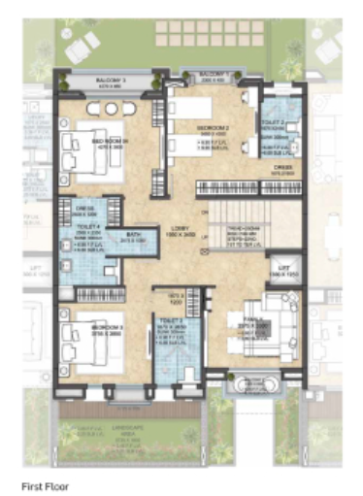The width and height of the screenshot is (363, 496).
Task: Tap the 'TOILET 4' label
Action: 89,231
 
